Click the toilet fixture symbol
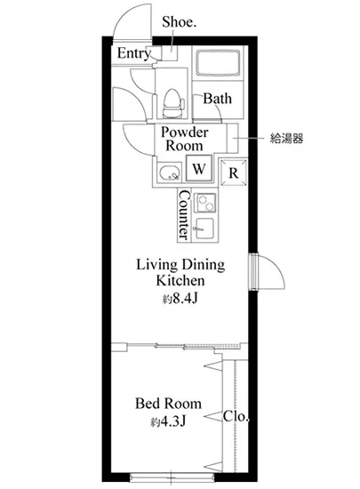click(x=172, y=103)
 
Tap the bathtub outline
click(x=218, y=62)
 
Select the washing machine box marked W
click(x=199, y=168)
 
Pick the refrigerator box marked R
click(x=234, y=172)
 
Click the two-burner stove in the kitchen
click(x=205, y=203)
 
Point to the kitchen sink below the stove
click(x=204, y=228)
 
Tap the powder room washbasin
click(x=169, y=172)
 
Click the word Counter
click(x=184, y=215)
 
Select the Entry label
click(x=134, y=53)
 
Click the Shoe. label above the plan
click(x=179, y=21)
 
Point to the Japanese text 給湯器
click(x=286, y=138)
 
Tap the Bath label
click(x=217, y=99)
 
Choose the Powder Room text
click(x=184, y=139)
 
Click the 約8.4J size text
click(x=180, y=299)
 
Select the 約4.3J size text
click(x=168, y=421)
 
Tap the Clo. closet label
click(x=236, y=416)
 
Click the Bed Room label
click(x=168, y=404)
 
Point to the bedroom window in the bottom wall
click(x=172, y=477)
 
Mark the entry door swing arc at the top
click(x=124, y=16)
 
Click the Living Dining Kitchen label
click(x=180, y=273)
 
